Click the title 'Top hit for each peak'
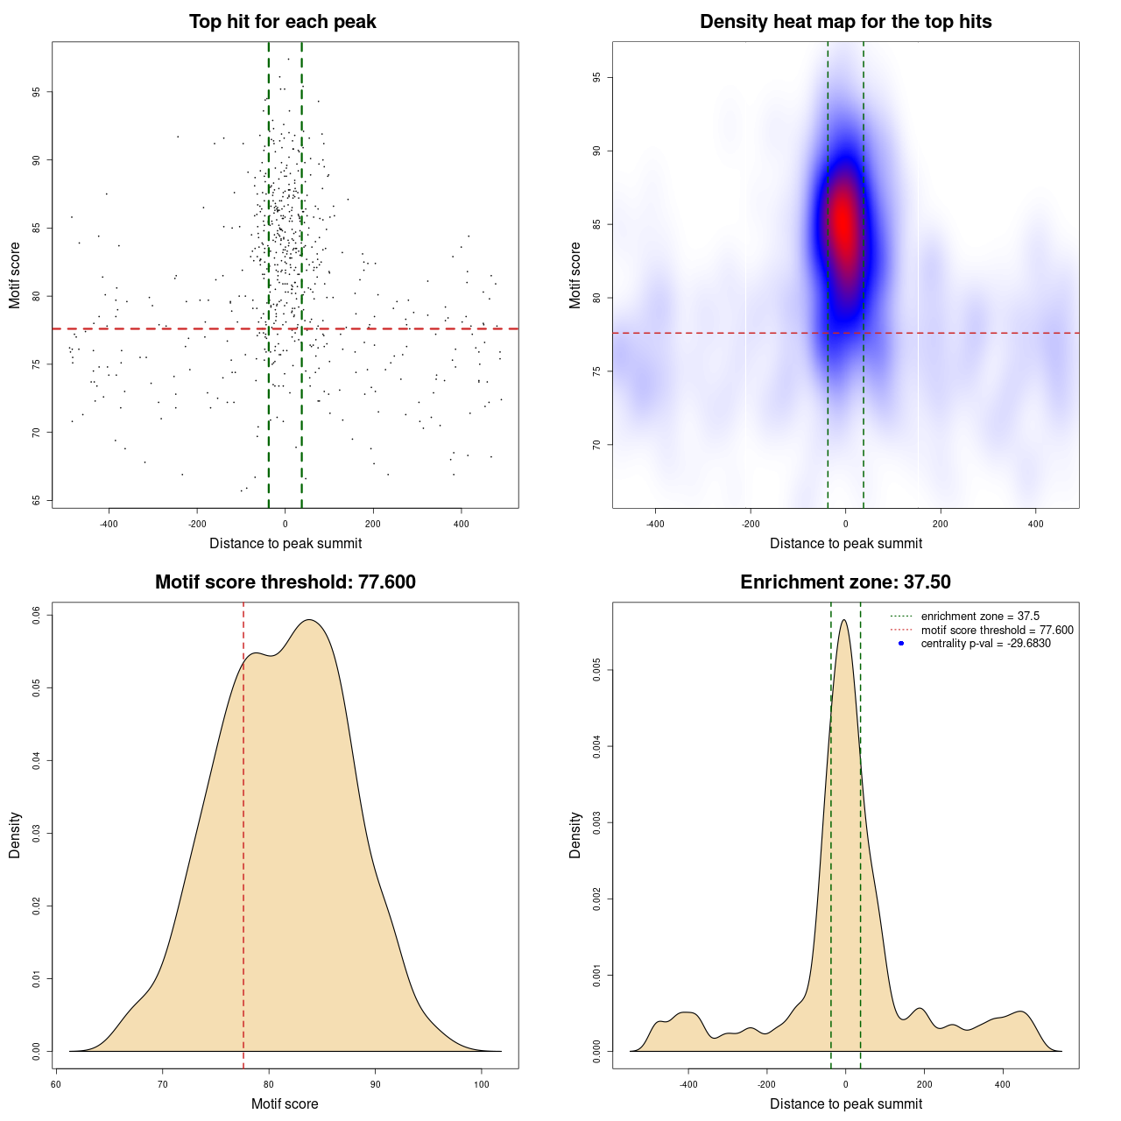tap(282, 22)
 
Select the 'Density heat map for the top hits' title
tap(845, 22)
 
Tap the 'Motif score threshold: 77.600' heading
tap(285, 582)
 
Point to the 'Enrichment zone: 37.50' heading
tap(845, 582)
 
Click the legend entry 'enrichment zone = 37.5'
tap(980, 617)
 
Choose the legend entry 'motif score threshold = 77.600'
tap(997, 630)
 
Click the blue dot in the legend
tap(901, 644)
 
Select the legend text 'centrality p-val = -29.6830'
tap(985, 644)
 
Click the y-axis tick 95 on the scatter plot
tap(37, 92)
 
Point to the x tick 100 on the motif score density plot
tap(482, 1085)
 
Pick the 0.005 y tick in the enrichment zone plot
tap(597, 671)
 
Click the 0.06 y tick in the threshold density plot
tap(37, 616)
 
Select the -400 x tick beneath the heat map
tap(655, 525)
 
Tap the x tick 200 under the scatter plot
tap(373, 525)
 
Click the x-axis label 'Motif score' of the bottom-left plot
tap(285, 1103)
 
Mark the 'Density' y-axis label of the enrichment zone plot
tap(575, 835)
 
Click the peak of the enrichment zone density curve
tap(843, 620)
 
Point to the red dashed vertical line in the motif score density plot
tap(243, 832)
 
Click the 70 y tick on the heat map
tap(597, 445)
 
